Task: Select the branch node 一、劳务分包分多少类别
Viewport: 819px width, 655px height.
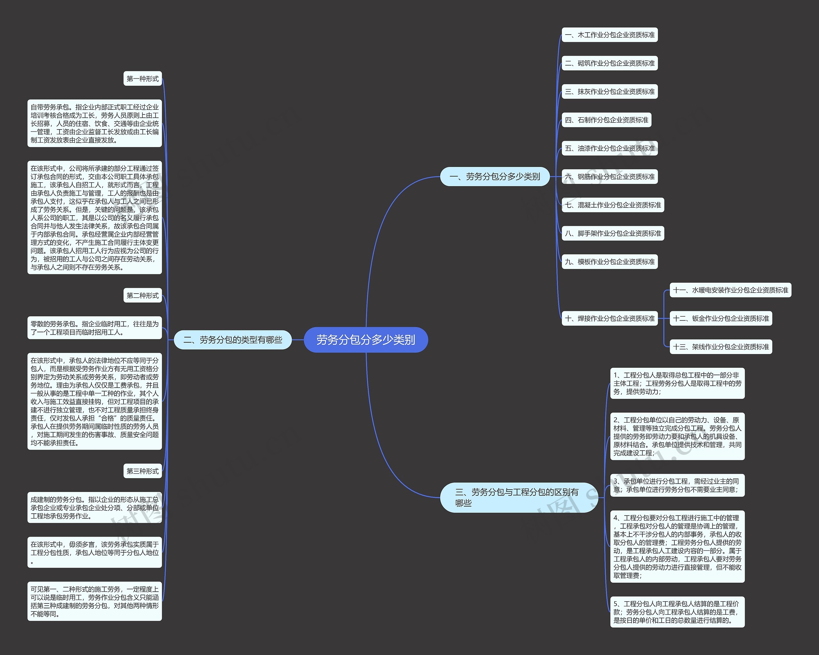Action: [495, 177]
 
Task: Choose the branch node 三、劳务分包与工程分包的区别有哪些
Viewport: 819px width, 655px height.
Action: [519, 497]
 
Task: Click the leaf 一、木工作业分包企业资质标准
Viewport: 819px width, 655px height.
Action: [610, 35]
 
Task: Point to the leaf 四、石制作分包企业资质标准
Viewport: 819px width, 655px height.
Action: [607, 120]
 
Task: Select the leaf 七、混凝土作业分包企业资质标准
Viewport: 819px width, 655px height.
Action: [613, 205]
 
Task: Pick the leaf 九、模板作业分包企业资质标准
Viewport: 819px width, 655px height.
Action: [610, 262]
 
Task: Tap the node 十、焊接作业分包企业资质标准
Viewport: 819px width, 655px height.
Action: [610, 318]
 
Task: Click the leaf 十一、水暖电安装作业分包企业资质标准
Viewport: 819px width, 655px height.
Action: [730, 290]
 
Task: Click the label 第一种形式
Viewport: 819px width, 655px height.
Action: [142, 79]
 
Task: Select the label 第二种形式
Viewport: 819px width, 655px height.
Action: [142, 296]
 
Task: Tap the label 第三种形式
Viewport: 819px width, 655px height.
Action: [142, 471]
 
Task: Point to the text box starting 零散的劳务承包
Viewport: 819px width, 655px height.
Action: [95, 328]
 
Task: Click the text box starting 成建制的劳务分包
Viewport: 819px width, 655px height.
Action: [95, 508]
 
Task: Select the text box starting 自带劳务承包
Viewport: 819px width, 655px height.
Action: [95, 123]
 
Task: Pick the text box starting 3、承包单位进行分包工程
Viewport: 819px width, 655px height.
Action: [677, 485]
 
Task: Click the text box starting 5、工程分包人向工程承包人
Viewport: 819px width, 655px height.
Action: [677, 612]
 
